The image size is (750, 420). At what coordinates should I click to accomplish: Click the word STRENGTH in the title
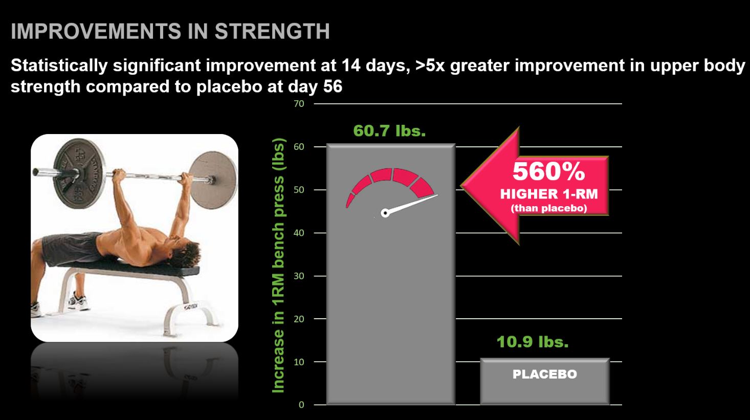(x=272, y=32)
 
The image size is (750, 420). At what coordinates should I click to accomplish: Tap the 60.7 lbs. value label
(x=389, y=130)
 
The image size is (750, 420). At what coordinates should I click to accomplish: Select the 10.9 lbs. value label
(x=533, y=342)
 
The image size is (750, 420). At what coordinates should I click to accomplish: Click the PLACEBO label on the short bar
(x=545, y=374)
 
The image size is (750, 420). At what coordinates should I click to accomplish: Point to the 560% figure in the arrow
(x=549, y=171)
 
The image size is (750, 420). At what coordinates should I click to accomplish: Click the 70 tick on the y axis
(x=299, y=104)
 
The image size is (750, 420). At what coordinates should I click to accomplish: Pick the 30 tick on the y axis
(x=299, y=276)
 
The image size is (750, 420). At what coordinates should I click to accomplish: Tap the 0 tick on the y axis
(x=301, y=405)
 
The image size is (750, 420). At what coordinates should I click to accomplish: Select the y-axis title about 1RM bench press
(x=278, y=266)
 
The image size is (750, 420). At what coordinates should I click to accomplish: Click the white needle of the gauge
(x=412, y=204)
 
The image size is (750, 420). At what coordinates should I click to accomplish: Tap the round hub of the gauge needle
(x=385, y=213)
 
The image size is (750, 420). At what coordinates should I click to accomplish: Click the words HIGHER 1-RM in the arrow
(x=549, y=194)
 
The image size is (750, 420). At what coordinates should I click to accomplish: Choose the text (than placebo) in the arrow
(x=549, y=208)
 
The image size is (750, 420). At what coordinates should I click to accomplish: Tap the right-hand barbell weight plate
(x=213, y=180)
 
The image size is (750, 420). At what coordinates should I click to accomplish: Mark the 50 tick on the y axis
(x=299, y=190)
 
